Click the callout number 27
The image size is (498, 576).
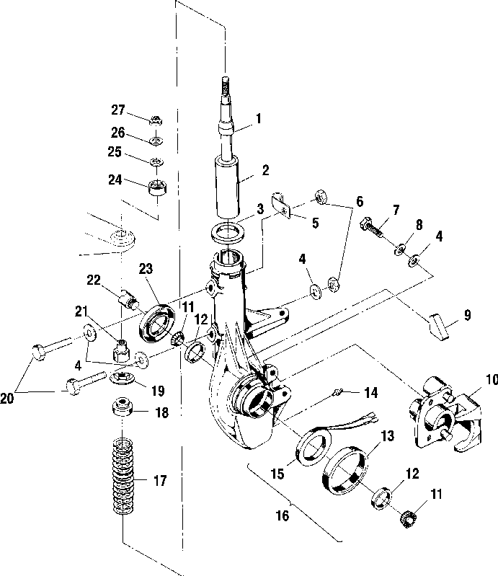118,110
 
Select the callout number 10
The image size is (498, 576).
490,378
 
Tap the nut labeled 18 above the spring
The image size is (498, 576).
123,412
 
